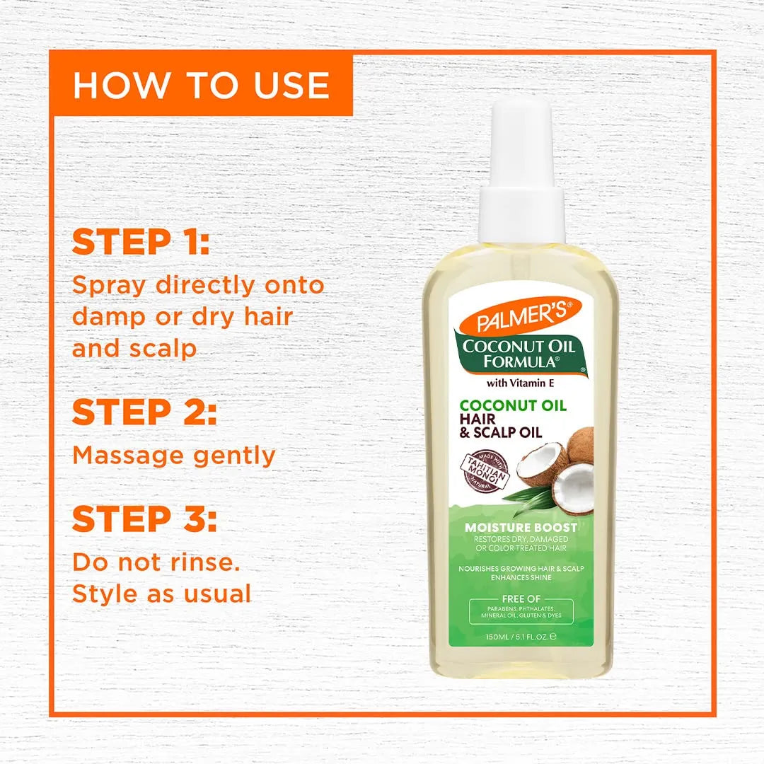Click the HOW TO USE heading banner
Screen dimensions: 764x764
(x=201, y=85)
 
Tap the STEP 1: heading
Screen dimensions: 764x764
(x=141, y=241)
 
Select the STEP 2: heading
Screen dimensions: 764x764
(x=144, y=413)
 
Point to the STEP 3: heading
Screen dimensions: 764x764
(x=144, y=519)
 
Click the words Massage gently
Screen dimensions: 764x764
(x=174, y=455)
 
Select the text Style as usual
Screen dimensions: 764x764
(x=161, y=593)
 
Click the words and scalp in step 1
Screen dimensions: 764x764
(x=134, y=349)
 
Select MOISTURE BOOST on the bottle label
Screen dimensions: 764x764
(x=521, y=527)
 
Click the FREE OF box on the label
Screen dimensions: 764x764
(x=521, y=610)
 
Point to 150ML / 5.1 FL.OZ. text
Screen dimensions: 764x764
(x=521, y=636)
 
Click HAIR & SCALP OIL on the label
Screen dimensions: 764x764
(x=501, y=426)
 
